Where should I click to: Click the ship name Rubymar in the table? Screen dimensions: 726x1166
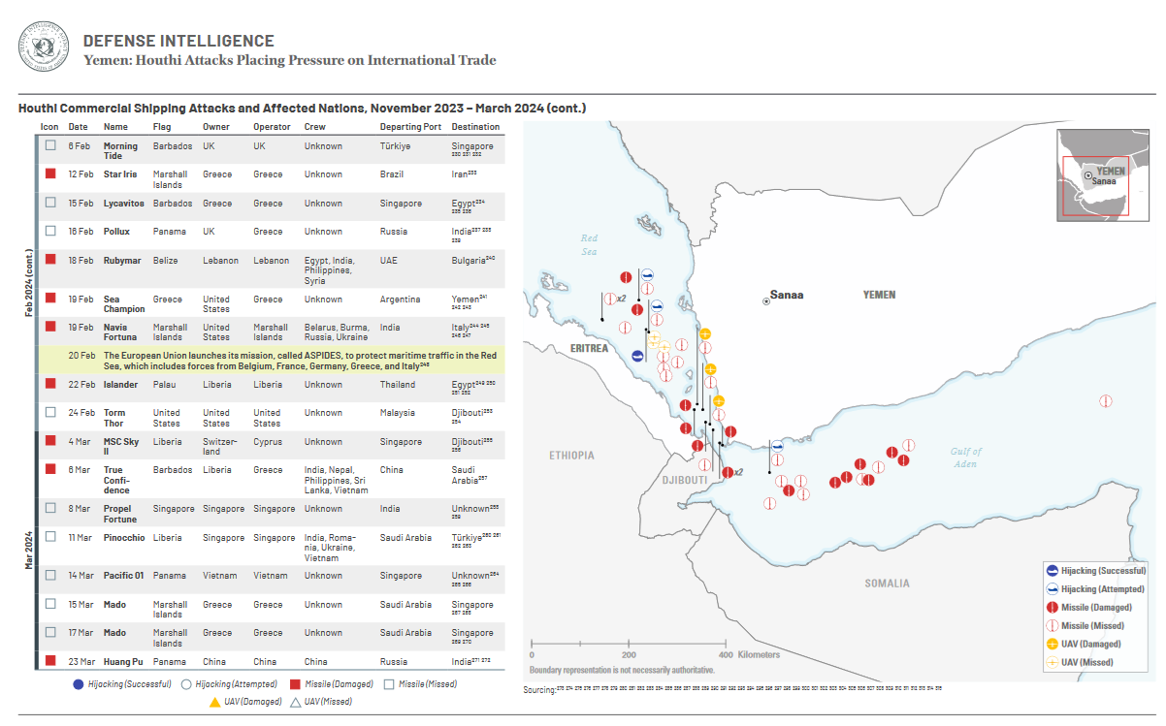pyautogui.click(x=123, y=261)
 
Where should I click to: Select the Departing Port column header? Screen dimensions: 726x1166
pyautogui.click(x=410, y=127)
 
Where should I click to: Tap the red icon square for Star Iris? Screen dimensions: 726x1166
pyautogui.click(x=50, y=174)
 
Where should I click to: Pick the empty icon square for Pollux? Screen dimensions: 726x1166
pyautogui.click(x=50, y=232)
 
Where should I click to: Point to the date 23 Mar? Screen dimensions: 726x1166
pyautogui.click(x=81, y=662)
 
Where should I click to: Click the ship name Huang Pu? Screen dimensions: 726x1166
pyautogui.click(x=125, y=662)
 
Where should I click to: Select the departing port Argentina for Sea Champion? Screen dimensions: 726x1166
pyautogui.click(x=400, y=300)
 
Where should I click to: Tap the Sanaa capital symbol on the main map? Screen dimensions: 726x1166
pyautogui.click(x=766, y=301)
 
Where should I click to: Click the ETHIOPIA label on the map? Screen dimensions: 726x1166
pyautogui.click(x=571, y=455)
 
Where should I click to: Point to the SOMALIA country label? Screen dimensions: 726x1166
pyautogui.click(x=887, y=584)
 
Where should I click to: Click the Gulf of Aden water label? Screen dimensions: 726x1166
pyautogui.click(x=965, y=458)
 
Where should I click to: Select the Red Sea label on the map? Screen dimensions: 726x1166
pyautogui.click(x=590, y=244)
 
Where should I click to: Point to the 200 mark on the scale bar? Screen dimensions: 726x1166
pyautogui.click(x=630, y=654)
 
